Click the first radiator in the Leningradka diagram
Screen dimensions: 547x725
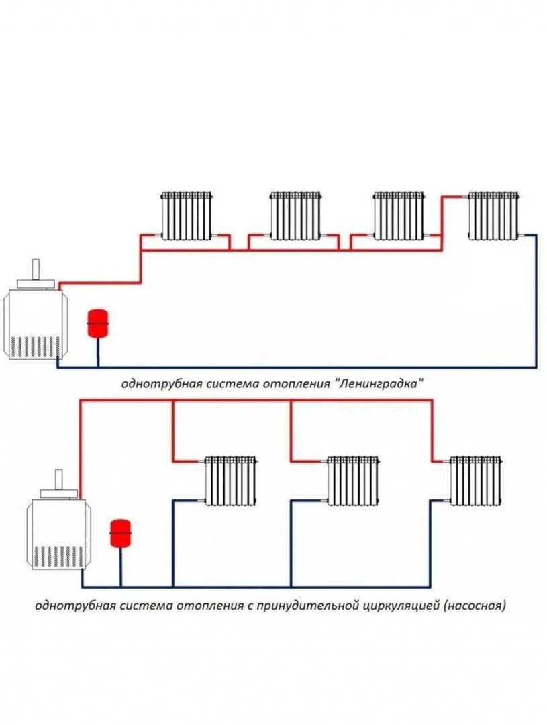click(x=187, y=216)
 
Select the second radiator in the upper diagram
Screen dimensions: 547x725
click(x=295, y=216)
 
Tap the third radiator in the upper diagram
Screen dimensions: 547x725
click(x=399, y=216)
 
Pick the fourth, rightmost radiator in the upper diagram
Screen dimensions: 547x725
click(x=494, y=216)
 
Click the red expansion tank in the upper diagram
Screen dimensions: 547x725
click(x=97, y=323)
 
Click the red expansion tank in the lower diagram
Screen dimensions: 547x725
click(x=120, y=533)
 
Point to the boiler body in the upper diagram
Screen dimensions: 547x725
click(x=36, y=324)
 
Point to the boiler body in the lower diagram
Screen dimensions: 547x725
click(x=58, y=534)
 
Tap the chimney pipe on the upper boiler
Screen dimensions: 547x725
click(x=36, y=270)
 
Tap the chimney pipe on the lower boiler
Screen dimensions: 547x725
click(x=58, y=479)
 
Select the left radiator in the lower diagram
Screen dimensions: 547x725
click(x=231, y=481)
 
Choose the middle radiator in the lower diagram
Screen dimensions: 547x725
click(x=353, y=481)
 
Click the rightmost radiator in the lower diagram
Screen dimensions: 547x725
click(x=477, y=481)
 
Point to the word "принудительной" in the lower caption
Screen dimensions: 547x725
click(x=307, y=606)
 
